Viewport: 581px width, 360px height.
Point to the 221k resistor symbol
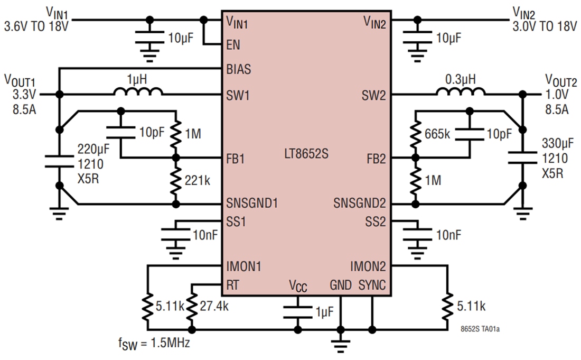pos(175,180)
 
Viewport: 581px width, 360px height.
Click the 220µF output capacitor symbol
pos(60,160)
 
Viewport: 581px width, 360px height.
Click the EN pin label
pos(233,45)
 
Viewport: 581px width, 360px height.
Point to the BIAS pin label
pos(238,69)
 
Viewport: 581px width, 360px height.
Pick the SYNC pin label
pos(372,285)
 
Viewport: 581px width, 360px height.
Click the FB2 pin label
pos(377,158)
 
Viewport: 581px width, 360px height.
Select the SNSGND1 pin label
pos(251,202)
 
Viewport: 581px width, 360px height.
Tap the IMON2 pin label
pos(368,265)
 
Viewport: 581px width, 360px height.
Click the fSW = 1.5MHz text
pos(155,343)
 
